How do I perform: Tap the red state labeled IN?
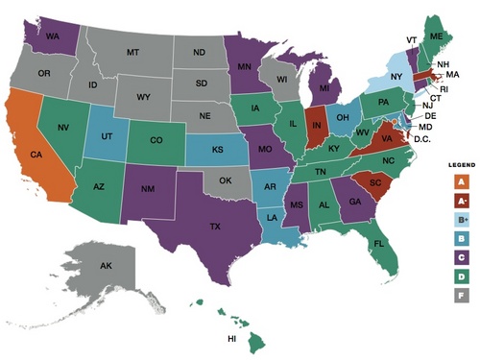(315, 126)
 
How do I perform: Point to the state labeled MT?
(133, 57)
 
